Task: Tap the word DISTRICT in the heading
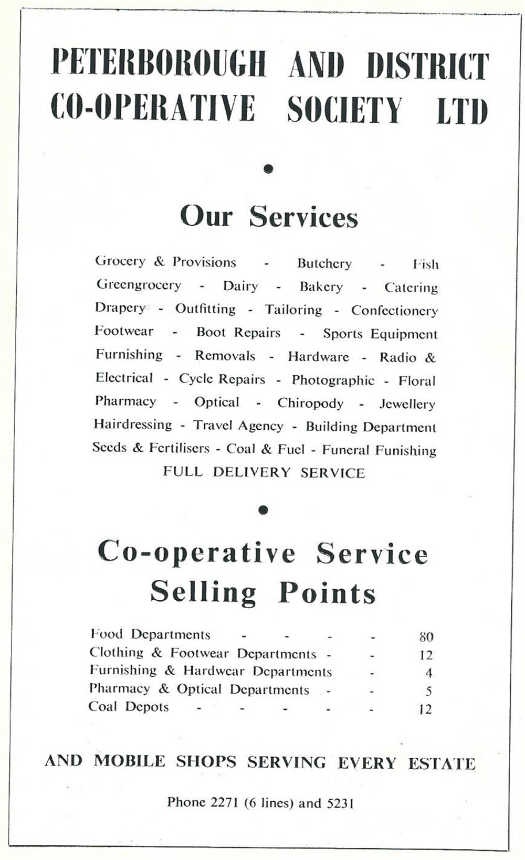point(427,66)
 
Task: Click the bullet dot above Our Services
point(269,168)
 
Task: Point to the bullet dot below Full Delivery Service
point(264,509)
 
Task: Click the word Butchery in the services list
point(324,263)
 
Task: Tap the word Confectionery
point(394,311)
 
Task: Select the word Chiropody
point(310,403)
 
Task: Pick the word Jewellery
point(407,404)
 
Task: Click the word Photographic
point(333,380)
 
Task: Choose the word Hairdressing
point(133,424)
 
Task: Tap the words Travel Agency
point(238,426)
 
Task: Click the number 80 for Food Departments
point(426,637)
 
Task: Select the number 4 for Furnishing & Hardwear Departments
point(428,673)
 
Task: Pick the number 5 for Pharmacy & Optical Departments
point(428,691)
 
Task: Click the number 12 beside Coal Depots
point(425,709)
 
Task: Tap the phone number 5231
point(340,803)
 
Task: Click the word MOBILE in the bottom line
point(130,761)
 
